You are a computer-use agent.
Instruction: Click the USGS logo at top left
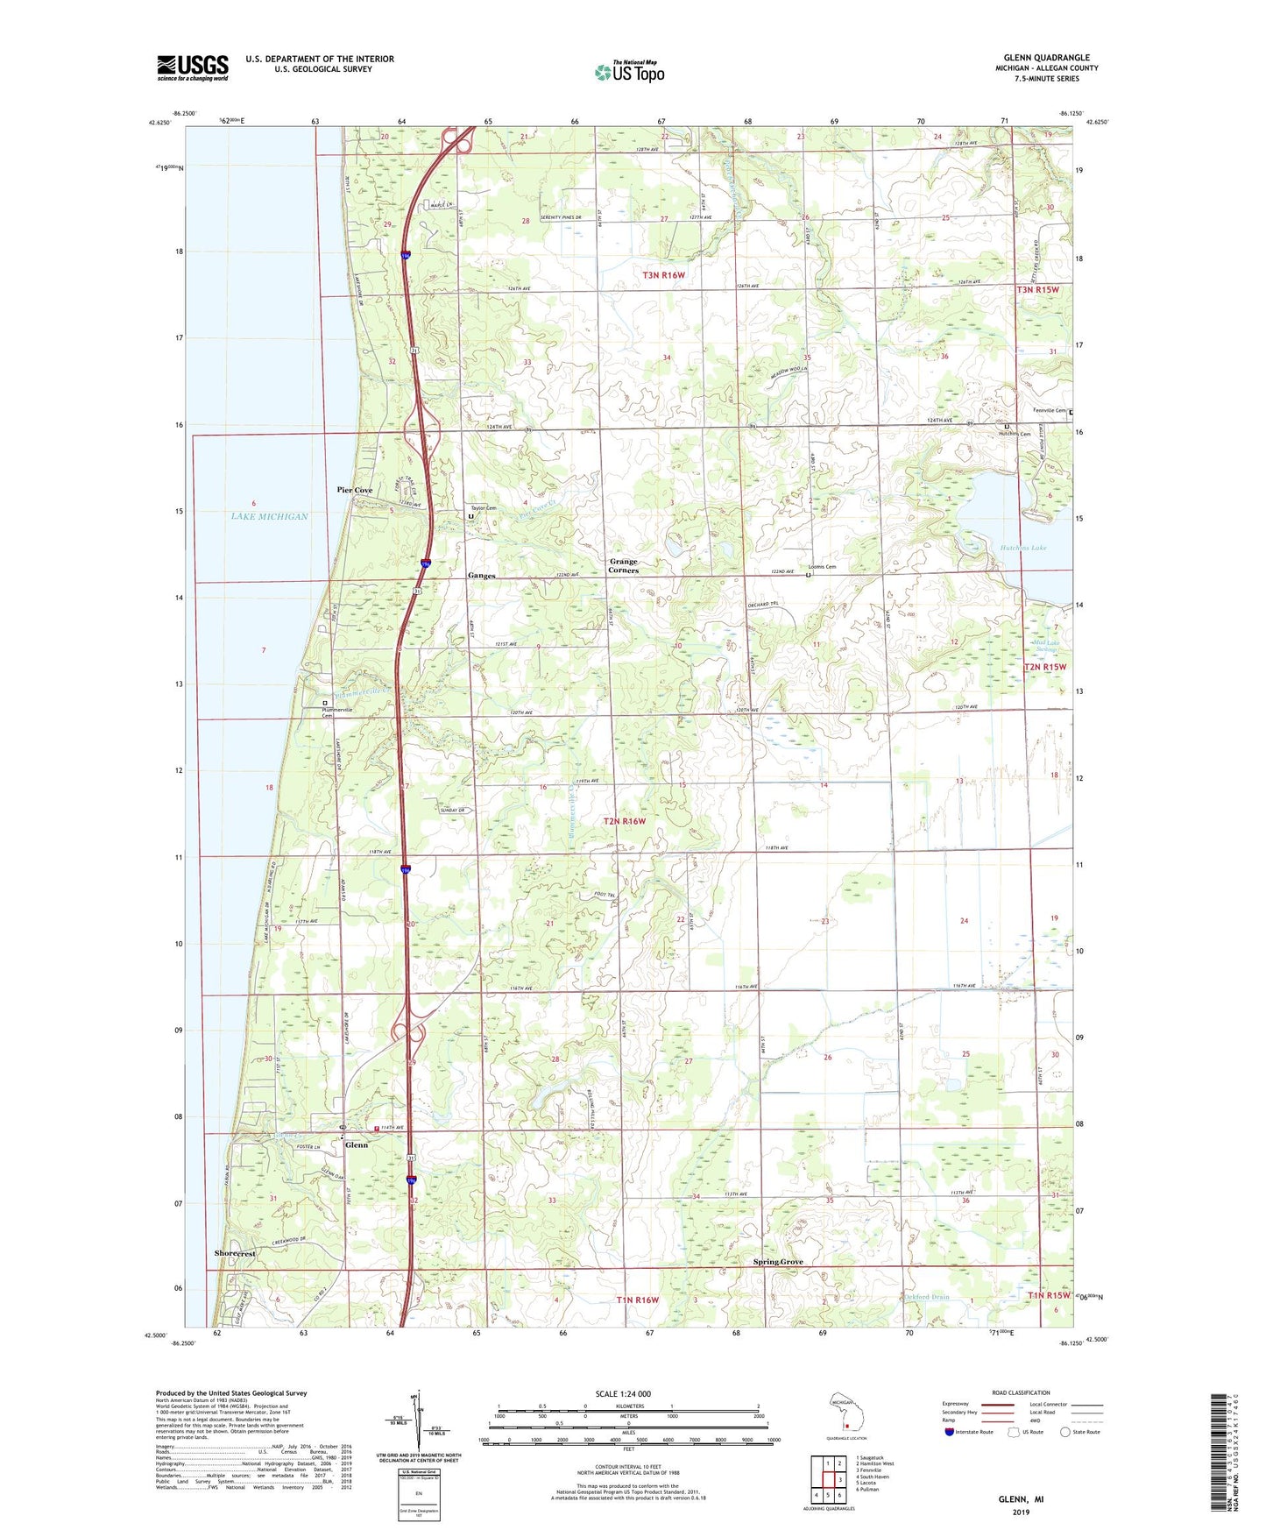pos(193,67)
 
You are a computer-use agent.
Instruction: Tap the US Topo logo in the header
pos(630,72)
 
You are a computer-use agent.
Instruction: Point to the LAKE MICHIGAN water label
pos(270,517)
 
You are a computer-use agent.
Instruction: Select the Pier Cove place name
pos(355,490)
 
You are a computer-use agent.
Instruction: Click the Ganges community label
pos(481,576)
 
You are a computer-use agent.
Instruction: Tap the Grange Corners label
pos(624,566)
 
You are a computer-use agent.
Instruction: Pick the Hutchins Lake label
pos(1022,548)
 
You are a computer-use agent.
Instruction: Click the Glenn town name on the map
pos(357,1145)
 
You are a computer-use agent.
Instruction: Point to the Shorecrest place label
pos(235,1254)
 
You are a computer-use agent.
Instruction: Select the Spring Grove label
pos(778,1262)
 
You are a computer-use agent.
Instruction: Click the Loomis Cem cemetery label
pos(822,567)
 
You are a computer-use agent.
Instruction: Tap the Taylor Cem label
pos(484,508)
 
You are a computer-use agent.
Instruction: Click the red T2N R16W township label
pos(625,821)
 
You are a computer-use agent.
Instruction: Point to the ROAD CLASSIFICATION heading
pos(1021,1392)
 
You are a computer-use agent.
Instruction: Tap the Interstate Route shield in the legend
pos(950,1432)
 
